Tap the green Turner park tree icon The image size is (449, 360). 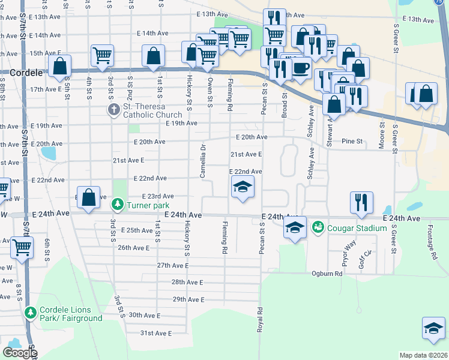pyautogui.click(x=118, y=205)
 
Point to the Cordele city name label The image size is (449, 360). pyautogui.click(x=26, y=72)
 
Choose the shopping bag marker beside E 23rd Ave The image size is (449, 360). pyautogui.click(x=89, y=197)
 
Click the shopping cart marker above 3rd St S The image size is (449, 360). pyautogui.click(x=103, y=56)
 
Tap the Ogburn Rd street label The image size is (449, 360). pyautogui.click(x=327, y=274)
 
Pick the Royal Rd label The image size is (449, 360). pyautogui.click(x=261, y=319)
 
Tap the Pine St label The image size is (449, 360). pyautogui.click(x=352, y=142)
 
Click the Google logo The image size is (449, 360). pyautogui.click(x=20, y=353)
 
